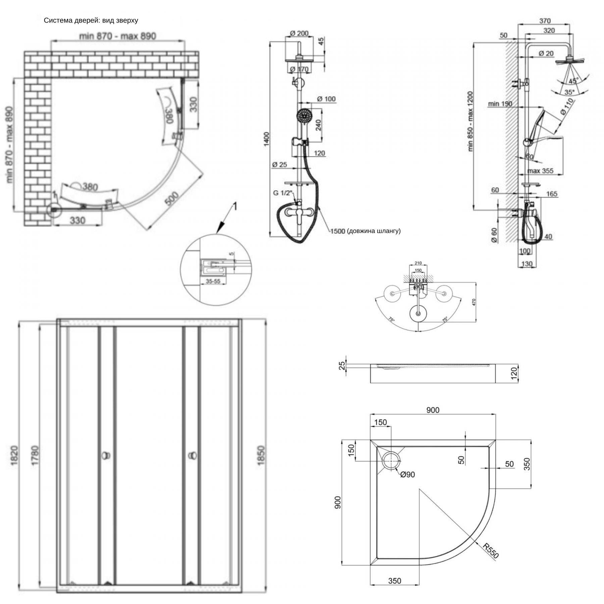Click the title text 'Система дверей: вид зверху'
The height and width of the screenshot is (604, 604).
[91, 20]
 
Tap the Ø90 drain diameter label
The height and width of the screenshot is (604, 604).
[407, 474]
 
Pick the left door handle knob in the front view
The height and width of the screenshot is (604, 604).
[106, 456]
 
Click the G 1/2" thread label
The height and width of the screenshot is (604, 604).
[283, 193]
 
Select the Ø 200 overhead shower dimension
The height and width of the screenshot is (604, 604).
[299, 34]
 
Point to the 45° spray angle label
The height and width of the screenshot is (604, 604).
[573, 81]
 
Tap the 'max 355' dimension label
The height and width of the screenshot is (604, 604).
[540, 171]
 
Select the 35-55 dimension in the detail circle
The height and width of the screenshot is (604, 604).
[213, 281]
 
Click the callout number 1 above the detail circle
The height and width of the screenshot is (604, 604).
[235, 206]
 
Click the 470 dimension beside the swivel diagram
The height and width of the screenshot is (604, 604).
[474, 302]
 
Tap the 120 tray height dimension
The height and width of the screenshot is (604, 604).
[514, 373]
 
